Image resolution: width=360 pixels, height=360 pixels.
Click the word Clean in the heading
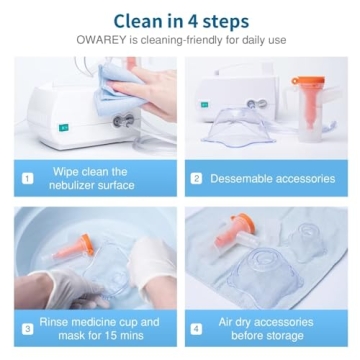click(x=139, y=19)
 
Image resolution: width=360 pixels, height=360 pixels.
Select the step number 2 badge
click(x=197, y=178)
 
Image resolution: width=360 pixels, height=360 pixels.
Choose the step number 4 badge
click(x=197, y=329)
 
